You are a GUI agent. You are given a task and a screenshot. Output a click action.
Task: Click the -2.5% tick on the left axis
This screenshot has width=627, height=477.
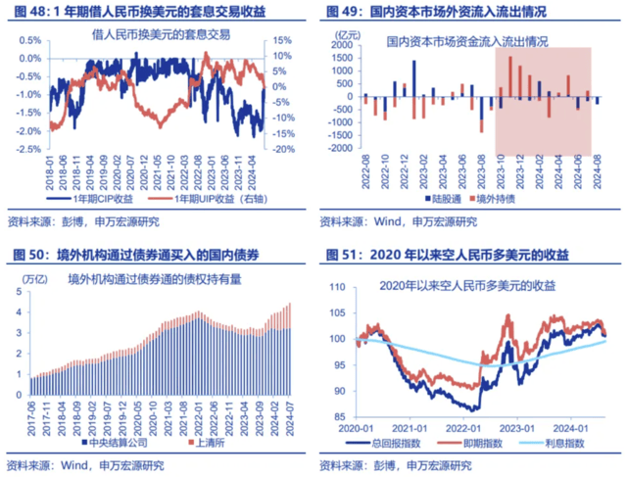[25, 150]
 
